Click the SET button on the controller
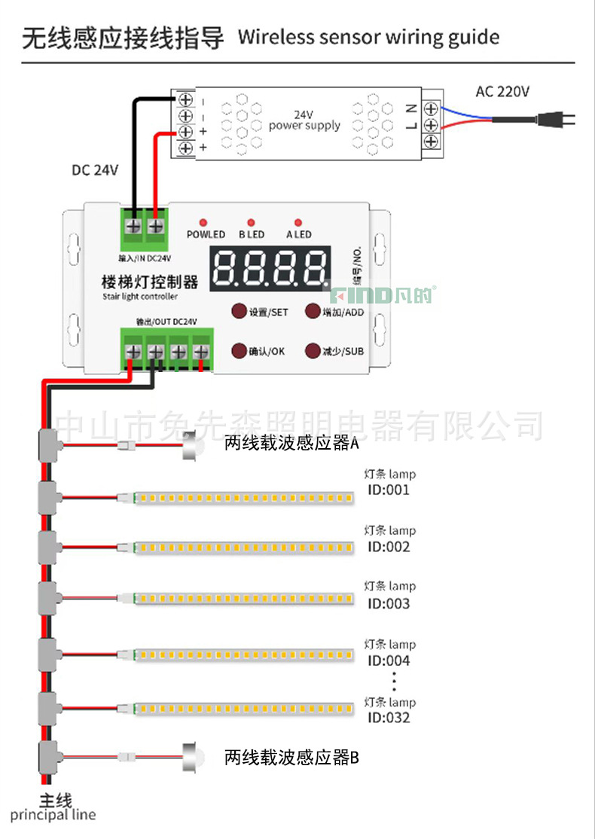pyautogui.click(x=239, y=311)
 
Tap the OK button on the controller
pyautogui.click(x=239, y=351)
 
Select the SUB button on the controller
pyautogui.click(x=313, y=351)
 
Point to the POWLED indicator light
pyautogui.click(x=203, y=223)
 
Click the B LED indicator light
pyautogui.click(x=251, y=223)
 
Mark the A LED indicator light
pyautogui.click(x=298, y=223)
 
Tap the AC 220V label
pyautogui.click(x=502, y=92)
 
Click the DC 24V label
pyautogui.click(x=95, y=170)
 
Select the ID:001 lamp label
pyautogui.click(x=389, y=490)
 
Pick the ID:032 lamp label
pyautogui.click(x=389, y=718)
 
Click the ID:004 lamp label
pyautogui.click(x=389, y=661)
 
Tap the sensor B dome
pyautogui.click(x=193, y=755)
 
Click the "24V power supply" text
pyautogui.click(x=304, y=121)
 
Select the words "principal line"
pyautogui.click(x=53, y=815)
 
